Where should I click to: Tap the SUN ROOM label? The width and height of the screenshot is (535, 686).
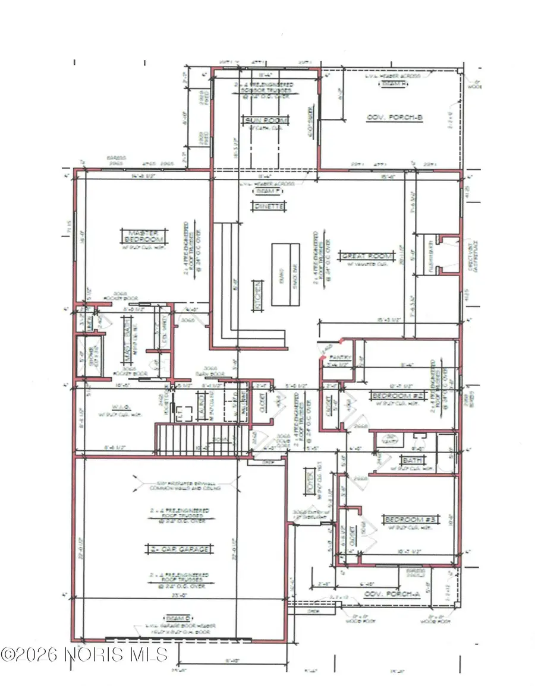(266, 121)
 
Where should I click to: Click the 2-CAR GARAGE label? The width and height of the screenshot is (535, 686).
(178, 549)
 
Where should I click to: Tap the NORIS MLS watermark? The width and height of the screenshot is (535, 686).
(84, 655)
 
